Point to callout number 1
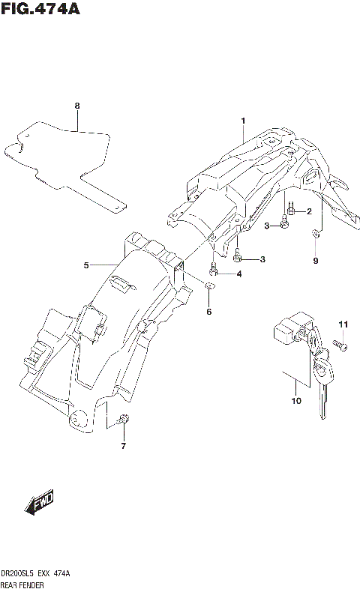[243, 121]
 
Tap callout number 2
[308, 211]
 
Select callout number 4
[238, 274]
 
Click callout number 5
[86, 265]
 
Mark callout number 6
[209, 311]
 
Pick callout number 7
[123, 447]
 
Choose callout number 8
[76, 106]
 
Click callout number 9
[316, 261]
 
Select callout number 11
[344, 324]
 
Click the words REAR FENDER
[24, 584]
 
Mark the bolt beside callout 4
[214, 269]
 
